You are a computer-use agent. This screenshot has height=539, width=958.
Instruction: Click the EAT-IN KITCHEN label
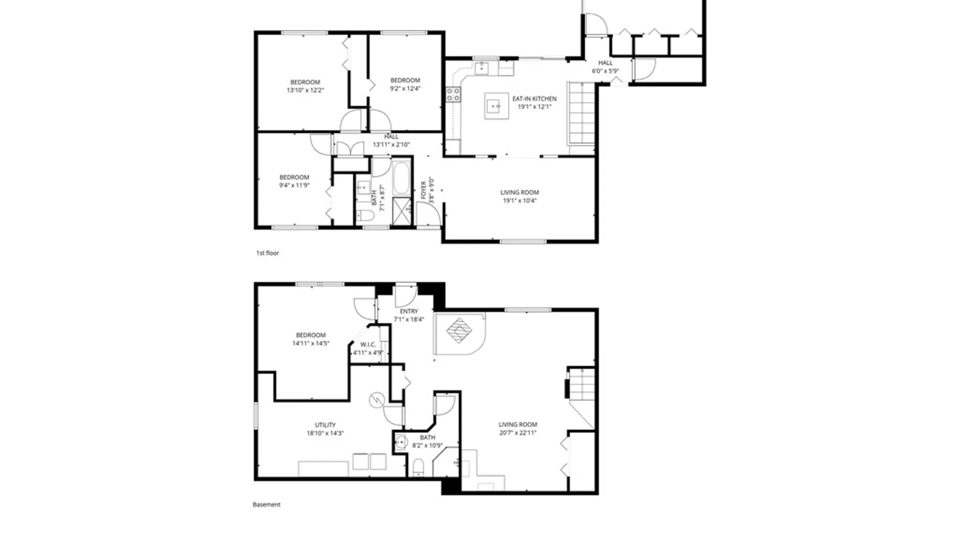(534, 99)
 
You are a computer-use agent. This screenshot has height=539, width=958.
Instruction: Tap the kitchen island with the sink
(496, 106)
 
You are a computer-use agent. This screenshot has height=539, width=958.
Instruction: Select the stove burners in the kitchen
(453, 94)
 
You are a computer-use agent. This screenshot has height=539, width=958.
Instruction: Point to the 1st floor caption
(267, 253)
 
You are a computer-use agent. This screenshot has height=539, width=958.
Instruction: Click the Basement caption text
(266, 505)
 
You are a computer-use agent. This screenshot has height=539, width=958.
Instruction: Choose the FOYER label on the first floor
(424, 190)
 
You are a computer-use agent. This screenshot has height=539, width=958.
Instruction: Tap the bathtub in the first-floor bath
(401, 178)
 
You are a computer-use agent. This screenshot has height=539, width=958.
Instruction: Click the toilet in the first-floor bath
(365, 216)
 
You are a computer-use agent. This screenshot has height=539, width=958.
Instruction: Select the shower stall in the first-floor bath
(401, 212)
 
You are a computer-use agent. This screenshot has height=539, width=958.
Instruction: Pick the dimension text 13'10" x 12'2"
(305, 90)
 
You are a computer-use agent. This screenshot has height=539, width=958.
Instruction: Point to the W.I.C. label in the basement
(368, 344)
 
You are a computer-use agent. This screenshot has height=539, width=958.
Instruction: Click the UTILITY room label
(325, 425)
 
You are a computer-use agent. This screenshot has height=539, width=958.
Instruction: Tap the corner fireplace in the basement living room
(460, 333)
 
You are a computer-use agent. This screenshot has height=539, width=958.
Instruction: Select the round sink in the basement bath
(401, 442)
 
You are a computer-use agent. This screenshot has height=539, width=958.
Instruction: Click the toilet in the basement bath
(418, 467)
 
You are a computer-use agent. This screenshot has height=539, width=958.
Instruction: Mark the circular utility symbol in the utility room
(377, 400)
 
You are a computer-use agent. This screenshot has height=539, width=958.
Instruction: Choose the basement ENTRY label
(409, 311)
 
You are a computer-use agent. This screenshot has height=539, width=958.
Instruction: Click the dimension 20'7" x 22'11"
(518, 433)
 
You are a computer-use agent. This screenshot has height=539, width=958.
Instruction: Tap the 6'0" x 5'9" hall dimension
(605, 71)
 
